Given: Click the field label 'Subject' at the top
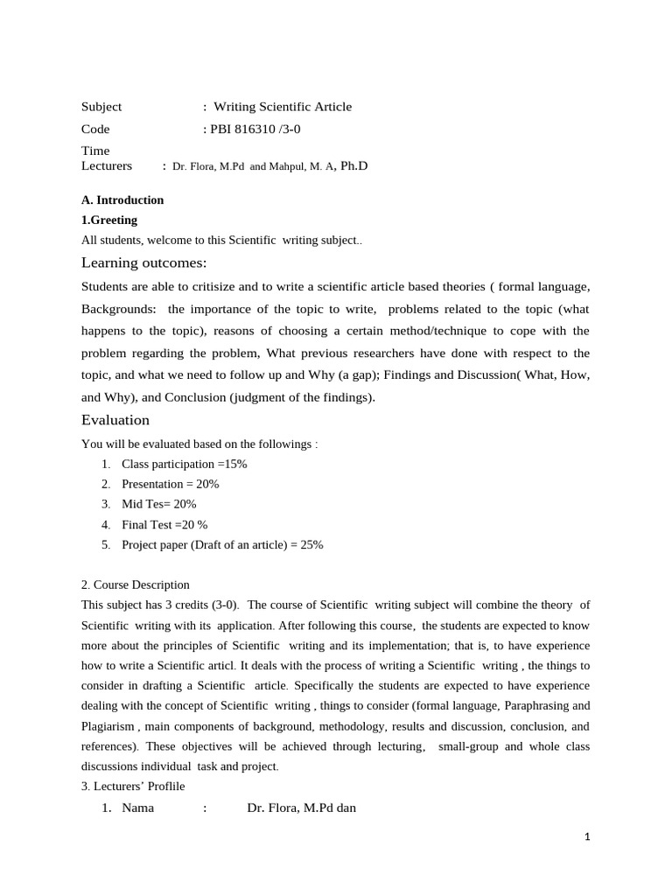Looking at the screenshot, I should (101, 107).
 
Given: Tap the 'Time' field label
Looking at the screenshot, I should (95, 150).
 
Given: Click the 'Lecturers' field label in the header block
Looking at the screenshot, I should (107, 165).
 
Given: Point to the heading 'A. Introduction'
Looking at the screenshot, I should (122, 199).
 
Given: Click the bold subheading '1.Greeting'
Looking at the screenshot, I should (109, 220).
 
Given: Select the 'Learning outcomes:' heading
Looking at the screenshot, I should (144, 263).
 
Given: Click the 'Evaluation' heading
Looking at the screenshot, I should (115, 420).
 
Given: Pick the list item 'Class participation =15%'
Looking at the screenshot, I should (184, 464).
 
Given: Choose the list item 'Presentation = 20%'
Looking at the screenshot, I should (170, 484).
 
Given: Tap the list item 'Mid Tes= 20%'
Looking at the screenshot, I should (158, 504).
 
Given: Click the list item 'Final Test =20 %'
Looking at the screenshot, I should (164, 524).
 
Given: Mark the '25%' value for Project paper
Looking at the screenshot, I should (311, 544).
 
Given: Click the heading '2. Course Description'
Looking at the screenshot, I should (136, 584).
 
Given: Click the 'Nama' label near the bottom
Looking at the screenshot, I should (137, 808).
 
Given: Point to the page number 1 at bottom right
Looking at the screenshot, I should (587, 837).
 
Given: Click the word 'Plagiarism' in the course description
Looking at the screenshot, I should (108, 726).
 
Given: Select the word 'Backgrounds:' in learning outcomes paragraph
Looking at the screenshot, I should (119, 309).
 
